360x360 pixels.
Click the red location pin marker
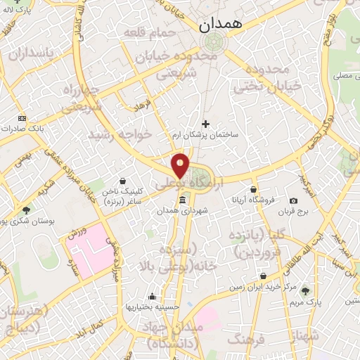pyautogui.click(x=181, y=165)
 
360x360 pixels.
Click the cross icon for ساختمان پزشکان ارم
pyautogui.click(x=205, y=124)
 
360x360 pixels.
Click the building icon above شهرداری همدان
pyautogui.click(x=183, y=200)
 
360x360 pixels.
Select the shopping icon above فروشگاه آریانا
pyautogui.click(x=253, y=189)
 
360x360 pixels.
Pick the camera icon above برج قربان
pyautogui.click(x=293, y=201)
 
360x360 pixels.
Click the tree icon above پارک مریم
pyautogui.click(x=304, y=290)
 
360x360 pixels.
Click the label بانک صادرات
pyautogui.click(x=22, y=129)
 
